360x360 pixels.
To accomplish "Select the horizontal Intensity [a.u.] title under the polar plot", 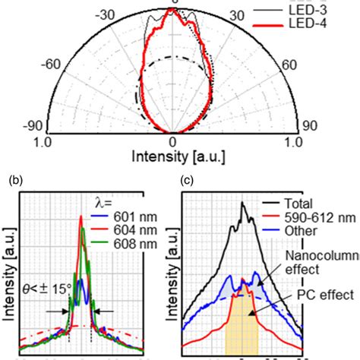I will click(x=173, y=158).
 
